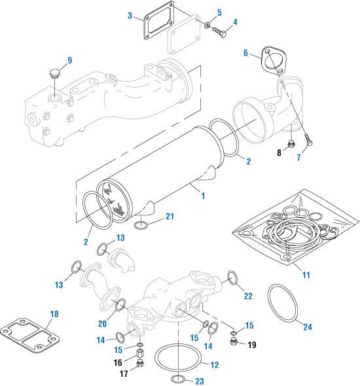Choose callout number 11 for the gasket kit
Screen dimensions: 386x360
[306, 275]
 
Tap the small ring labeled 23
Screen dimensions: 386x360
[177, 379]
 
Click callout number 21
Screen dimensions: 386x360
[170, 217]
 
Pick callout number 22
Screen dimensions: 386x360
[249, 296]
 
